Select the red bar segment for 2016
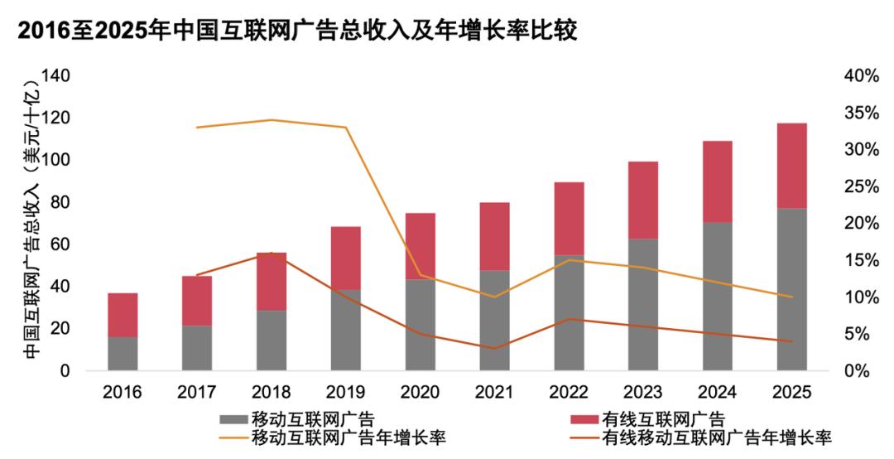[x=123, y=315]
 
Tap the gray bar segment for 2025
[x=792, y=289]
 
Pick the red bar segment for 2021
[x=494, y=236]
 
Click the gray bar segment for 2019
[x=346, y=330]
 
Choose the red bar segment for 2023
[x=643, y=200]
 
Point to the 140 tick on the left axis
[x=55, y=76]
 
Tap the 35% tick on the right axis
[x=860, y=113]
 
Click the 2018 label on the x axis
[x=271, y=391]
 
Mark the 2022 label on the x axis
[x=569, y=391]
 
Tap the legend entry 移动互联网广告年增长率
[x=347, y=437]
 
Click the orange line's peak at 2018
[x=272, y=120]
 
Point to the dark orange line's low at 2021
[x=494, y=348]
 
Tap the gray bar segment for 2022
[x=569, y=312]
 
